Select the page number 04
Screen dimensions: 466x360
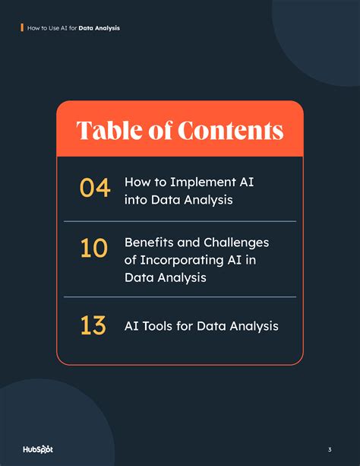(95, 188)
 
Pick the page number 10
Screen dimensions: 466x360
(94, 249)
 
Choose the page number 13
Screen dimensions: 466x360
(93, 325)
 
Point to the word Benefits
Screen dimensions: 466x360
(150, 242)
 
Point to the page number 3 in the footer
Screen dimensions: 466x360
(330, 449)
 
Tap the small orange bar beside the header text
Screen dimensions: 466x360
(22, 27)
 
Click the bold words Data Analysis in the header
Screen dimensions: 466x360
(99, 28)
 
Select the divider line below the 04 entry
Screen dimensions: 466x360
(179, 221)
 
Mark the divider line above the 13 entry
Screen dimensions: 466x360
(179, 296)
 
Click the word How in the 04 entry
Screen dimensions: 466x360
(137, 183)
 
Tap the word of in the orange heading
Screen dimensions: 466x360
(160, 130)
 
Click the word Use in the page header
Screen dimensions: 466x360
(47, 28)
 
